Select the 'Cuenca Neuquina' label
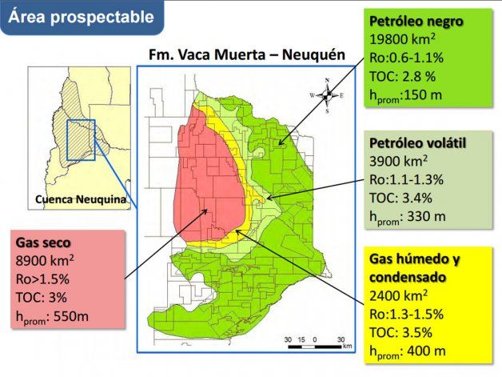coord(79,200)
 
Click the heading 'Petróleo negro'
coord(416,21)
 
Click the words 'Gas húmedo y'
coord(415,259)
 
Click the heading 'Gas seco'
coord(43,242)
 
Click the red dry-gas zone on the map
coord(204,184)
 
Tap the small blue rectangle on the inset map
coord(81,138)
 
